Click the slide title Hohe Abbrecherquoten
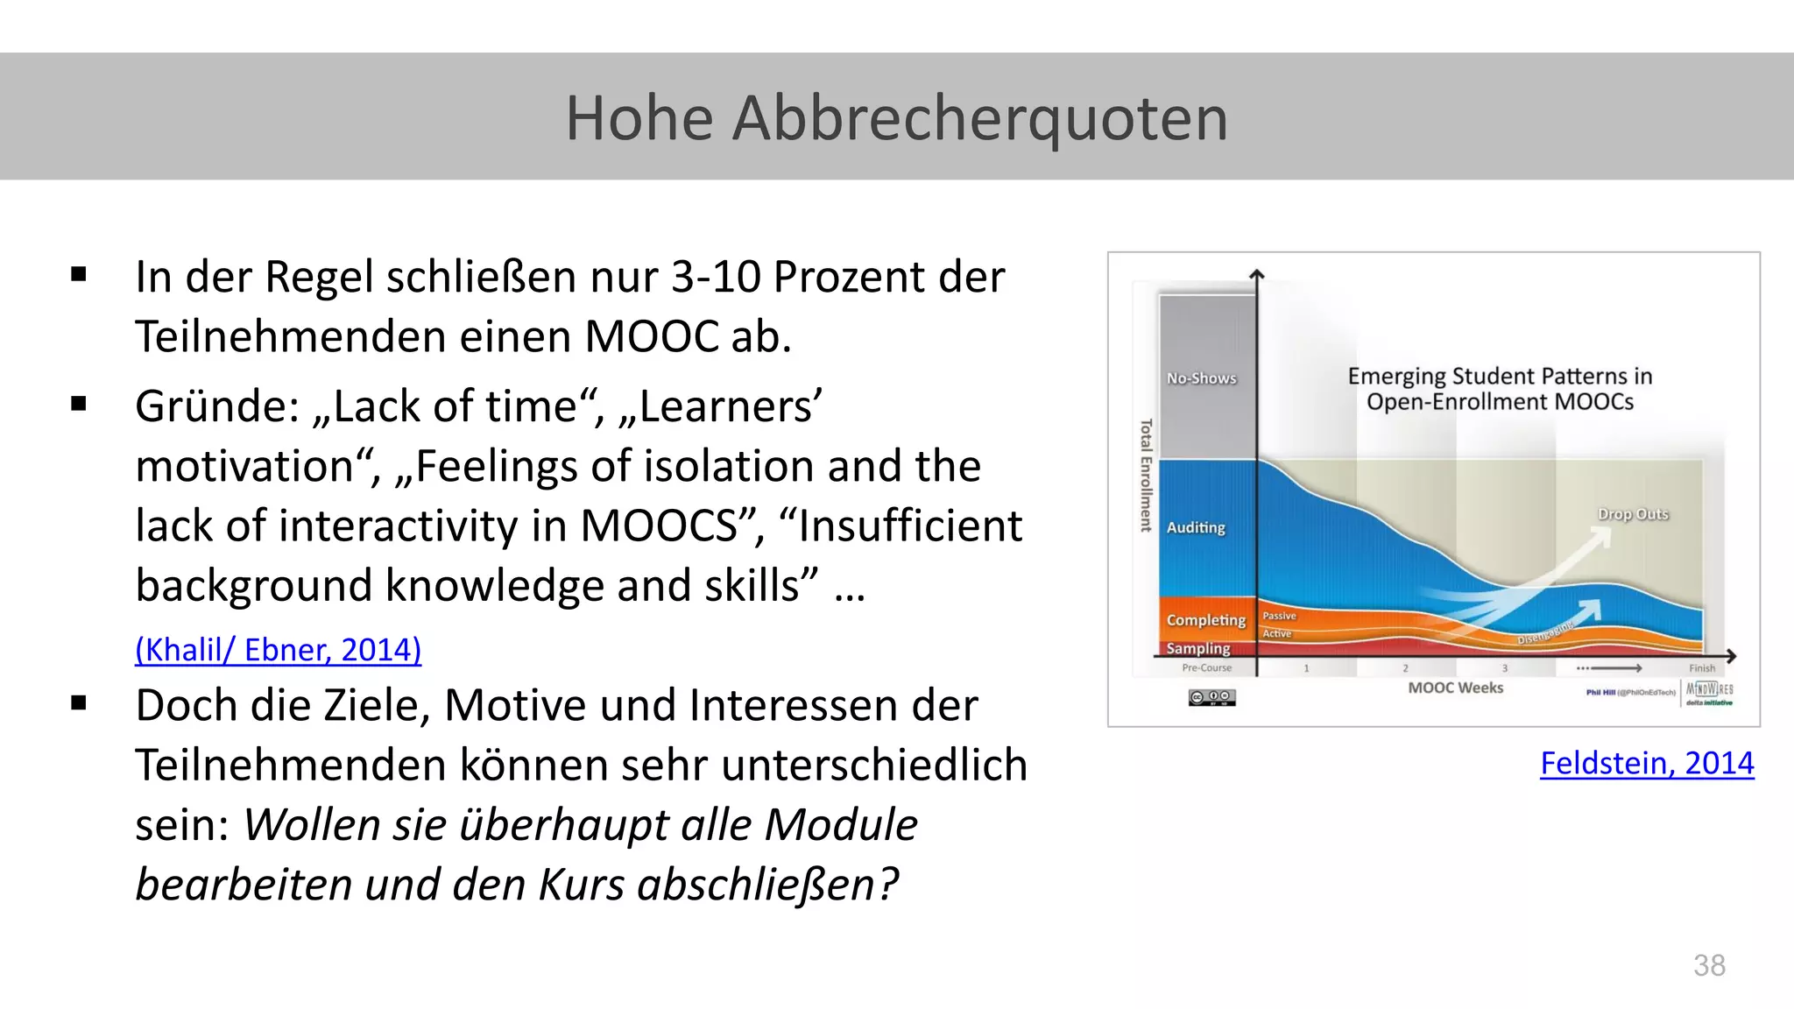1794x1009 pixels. [896, 118]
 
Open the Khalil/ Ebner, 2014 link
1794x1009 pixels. [278, 650]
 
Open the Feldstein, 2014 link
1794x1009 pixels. [1646, 763]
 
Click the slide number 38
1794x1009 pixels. [1709, 965]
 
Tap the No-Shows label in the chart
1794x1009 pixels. [1201, 378]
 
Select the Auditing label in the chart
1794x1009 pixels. [1196, 527]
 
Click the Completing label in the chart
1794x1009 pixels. [1205, 620]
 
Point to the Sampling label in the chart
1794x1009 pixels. [1198, 648]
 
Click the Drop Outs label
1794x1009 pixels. [1633, 514]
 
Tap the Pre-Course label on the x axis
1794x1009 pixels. [1206, 667]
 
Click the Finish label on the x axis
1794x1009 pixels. [1702, 668]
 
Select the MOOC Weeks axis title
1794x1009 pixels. [1455, 688]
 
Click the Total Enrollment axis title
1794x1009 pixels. [1146, 476]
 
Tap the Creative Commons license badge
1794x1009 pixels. [1211, 697]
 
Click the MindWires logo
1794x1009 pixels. [1709, 692]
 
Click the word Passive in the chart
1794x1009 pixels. [1279, 616]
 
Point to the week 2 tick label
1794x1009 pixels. [1405, 668]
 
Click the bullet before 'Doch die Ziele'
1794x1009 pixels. [80, 702]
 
